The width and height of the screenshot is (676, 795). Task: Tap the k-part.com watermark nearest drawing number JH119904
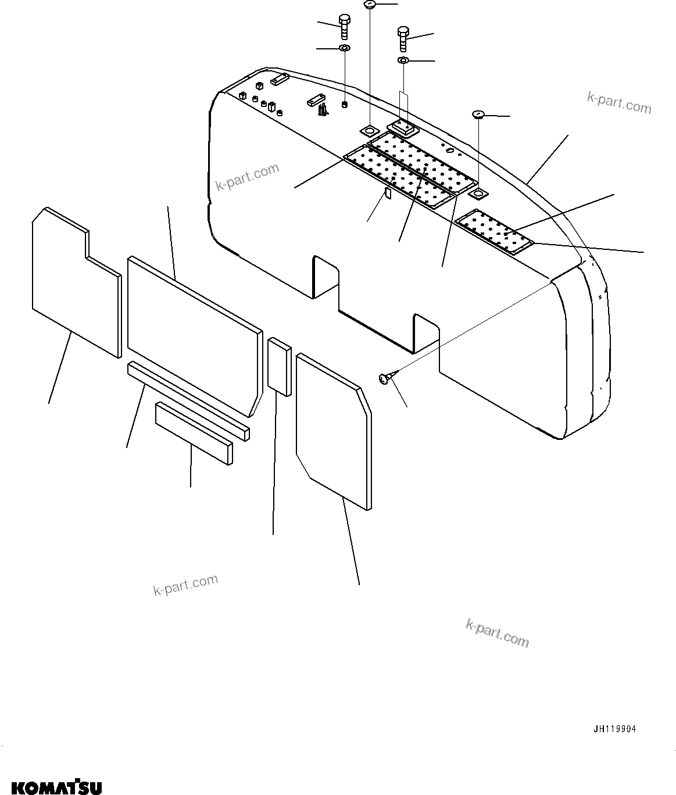click(497, 632)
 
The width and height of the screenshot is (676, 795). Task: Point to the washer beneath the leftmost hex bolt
click(344, 48)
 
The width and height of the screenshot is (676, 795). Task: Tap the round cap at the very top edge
click(370, 5)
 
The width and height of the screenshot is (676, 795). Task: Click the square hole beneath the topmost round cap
click(370, 128)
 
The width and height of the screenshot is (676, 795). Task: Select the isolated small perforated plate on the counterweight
click(495, 232)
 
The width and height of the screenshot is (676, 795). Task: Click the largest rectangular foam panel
click(192, 334)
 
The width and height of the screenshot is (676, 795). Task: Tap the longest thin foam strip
click(188, 401)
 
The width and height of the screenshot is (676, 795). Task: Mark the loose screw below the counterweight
click(385, 378)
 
